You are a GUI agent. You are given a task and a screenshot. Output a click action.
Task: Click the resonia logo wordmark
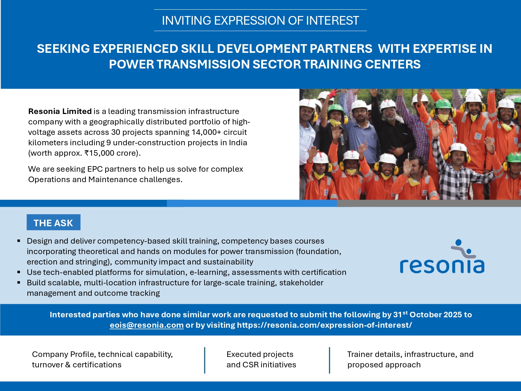click(442, 266)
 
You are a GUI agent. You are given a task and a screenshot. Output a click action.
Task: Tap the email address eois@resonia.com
click(147, 325)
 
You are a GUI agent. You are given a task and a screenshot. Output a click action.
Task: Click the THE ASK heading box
click(53, 222)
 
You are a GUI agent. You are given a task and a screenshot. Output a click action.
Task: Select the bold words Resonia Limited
click(60, 111)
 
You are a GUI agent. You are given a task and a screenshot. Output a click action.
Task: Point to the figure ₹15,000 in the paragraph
click(99, 153)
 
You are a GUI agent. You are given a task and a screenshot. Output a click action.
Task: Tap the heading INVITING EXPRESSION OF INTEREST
click(260, 21)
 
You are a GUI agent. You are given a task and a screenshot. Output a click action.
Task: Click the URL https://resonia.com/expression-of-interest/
click(324, 325)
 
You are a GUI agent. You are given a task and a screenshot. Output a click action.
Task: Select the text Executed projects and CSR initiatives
click(261, 359)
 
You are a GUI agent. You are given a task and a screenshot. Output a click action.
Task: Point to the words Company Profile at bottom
click(64, 354)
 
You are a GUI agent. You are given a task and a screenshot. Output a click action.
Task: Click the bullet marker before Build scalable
click(19, 283)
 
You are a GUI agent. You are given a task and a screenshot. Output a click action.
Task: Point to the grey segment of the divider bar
click(429, 203)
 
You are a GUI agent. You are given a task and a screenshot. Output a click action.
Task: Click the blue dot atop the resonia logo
click(458, 242)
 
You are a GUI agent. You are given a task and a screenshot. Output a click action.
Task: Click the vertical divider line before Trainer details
click(330, 360)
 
